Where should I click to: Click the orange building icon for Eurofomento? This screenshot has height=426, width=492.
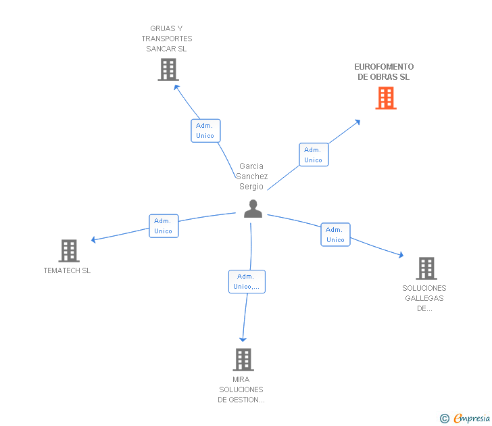(386, 98)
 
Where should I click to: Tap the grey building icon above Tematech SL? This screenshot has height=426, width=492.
(69, 251)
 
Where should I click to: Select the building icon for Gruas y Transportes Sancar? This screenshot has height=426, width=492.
(168, 70)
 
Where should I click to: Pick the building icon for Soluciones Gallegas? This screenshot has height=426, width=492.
(426, 268)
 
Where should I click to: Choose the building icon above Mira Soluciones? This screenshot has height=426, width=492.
(243, 360)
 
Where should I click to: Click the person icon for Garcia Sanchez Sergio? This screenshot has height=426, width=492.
(253, 209)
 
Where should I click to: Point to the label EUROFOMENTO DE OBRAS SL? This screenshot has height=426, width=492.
(384, 72)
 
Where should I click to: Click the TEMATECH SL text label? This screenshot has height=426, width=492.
(67, 270)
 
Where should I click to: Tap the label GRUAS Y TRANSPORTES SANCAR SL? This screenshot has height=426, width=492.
(167, 39)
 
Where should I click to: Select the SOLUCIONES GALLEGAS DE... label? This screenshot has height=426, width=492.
(424, 298)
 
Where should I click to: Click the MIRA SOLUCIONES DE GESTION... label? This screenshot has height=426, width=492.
(241, 389)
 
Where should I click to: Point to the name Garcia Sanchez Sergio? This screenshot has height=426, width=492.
(251, 176)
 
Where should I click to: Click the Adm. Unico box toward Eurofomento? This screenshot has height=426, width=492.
(314, 155)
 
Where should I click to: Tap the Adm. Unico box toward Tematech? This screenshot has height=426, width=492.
(164, 226)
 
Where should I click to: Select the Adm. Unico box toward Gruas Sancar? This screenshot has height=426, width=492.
(205, 131)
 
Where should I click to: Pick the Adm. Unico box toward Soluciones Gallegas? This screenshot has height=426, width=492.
(335, 235)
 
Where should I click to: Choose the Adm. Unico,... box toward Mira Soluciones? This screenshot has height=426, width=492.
(247, 281)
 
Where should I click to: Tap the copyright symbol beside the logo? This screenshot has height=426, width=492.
(444, 419)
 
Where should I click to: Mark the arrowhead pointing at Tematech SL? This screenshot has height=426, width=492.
(95, 239)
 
